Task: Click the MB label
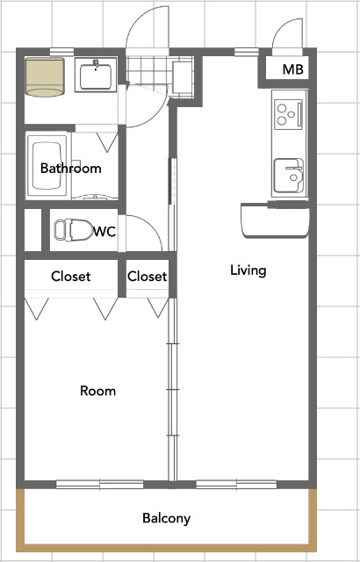(x=292, y=69)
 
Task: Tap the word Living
(x=248, y=270)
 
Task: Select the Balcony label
(x=166, y=518)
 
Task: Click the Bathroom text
(x=70, y=168)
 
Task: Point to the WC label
(x=105, y=232)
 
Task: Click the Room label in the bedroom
(x=97, y=391)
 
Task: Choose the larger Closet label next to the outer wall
(x=70, y=277)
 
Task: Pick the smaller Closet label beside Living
(x=147, y=277)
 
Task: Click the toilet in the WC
(x=74, y=230)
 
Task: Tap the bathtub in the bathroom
(x=47, y=165)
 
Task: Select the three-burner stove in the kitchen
(x=288, y=114)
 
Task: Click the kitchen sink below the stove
(x=289, y=176)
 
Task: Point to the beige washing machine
(x=45, y=77)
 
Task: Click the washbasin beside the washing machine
(x=96, y=75)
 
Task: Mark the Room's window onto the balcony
(x=100, y=485)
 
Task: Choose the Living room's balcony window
(x=236, y=485)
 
